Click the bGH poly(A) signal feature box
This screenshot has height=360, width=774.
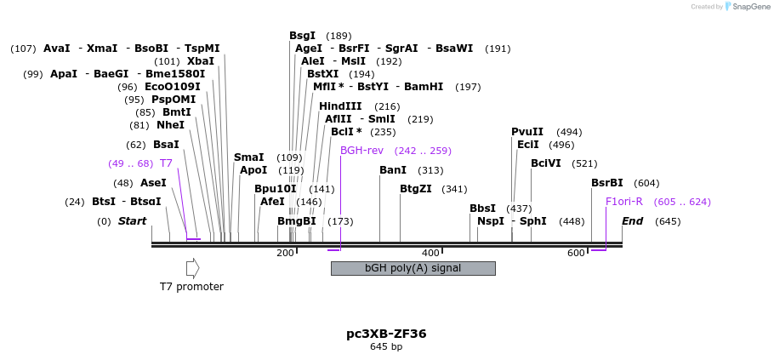pos(413,268)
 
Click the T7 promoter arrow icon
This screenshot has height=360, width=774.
pos(192,268)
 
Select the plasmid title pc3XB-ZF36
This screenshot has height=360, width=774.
pos(386,334)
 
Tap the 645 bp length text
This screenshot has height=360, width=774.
pos(386,347)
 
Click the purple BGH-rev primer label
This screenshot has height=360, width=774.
pos(361,151)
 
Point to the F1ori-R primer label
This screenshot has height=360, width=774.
pos(624,202)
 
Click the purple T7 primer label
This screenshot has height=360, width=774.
pos(166,163)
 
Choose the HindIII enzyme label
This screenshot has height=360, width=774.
pos(340,106)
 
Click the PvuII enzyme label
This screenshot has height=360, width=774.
pos(527,132)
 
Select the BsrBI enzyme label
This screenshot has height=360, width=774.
pos(607,183)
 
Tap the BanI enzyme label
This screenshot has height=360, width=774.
pos(393,170)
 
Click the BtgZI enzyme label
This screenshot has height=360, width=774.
pos(416,189)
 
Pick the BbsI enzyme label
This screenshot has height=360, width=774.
pos(482,209)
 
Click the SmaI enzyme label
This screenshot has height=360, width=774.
pos(248,157)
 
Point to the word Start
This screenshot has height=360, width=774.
pos(132,221)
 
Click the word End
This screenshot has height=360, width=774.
pos(632,221)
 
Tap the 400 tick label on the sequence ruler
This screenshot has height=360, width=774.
pos(431,253)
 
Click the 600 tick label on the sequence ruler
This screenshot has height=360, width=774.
pos(577,253)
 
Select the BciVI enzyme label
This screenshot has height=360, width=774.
pos(546,163)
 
